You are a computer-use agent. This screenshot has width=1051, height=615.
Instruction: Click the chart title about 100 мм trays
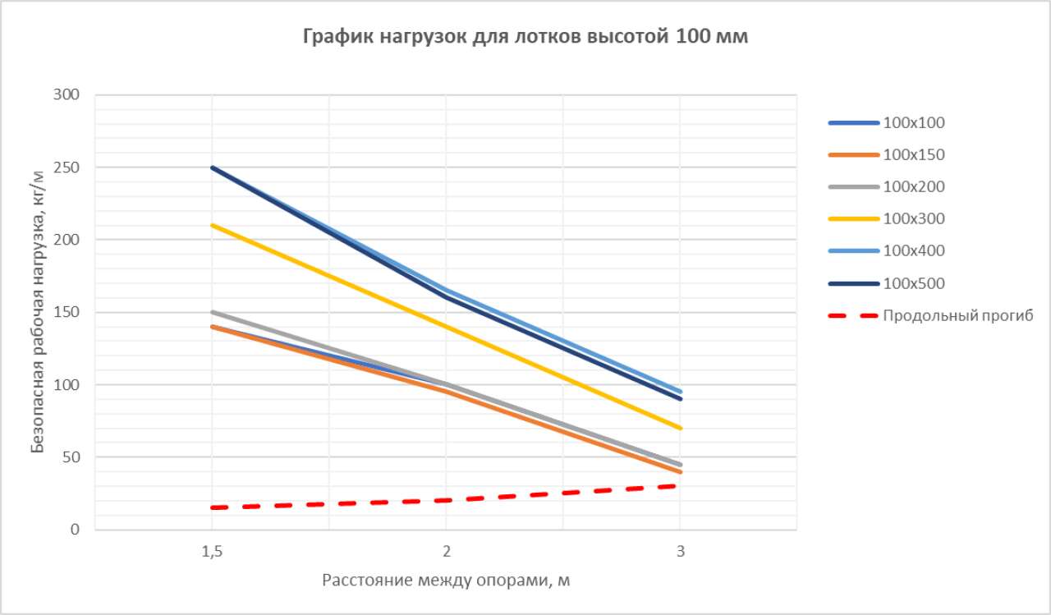(525, 37)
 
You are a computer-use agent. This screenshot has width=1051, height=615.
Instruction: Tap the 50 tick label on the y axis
(72, 457)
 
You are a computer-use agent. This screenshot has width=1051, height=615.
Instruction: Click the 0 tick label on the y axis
(76, 530)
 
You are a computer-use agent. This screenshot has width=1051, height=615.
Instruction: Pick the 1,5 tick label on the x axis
(212, 551)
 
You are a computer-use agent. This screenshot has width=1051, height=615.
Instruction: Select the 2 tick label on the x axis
(446, 551)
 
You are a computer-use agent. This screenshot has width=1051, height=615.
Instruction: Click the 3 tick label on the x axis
(680, 551)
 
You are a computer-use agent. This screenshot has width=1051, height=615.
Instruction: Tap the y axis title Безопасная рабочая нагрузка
(38, 312)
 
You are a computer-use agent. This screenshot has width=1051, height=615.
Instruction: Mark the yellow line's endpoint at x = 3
(680, 428)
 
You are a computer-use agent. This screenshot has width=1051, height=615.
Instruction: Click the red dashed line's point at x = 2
(446, 500)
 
